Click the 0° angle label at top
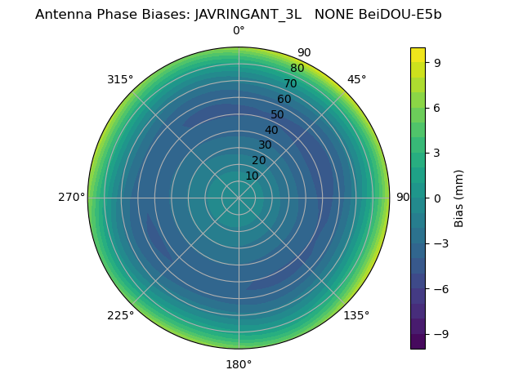[x=239, y=31]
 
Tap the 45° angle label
[x=356, y=79]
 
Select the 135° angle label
[x=356, y=315]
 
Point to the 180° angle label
[x=239, y=364]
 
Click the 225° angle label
[x=120, y=315]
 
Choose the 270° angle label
[x=71, y=198]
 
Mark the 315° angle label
[x=120, y=79]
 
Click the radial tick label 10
[x=252, y=176]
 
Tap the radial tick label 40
[x=271, y=130]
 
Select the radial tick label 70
[x=290, y=83]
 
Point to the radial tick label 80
[x=297, y=69]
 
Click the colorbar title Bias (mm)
[x=459, y=198]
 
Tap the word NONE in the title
[x=333, y=14]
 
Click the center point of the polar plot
[x=239, y=198]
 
